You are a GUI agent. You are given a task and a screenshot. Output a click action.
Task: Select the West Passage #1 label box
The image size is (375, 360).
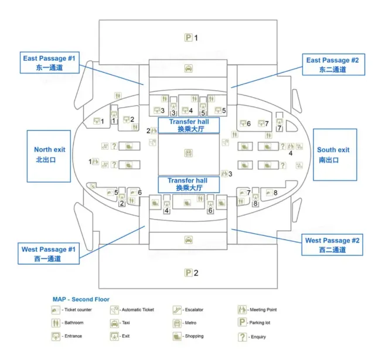coord(49,253)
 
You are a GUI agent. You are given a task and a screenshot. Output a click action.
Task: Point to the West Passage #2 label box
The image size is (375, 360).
coord(332,245)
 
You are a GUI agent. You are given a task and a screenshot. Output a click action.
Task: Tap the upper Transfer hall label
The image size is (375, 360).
coord(189,125)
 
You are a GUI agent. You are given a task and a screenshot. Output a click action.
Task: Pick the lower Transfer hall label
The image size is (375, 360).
coord(189,184)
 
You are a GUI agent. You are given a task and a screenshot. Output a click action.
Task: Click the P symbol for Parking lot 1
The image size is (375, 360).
coord(189,38)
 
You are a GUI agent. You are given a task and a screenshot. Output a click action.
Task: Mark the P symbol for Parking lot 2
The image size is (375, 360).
coord(189,273)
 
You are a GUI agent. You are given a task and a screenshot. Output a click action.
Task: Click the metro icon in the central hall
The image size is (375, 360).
coord(189,152)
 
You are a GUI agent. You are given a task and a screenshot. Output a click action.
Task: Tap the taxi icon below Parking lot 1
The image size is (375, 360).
coord(189,68)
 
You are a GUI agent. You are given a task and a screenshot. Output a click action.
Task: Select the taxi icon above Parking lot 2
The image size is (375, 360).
coord(189,239)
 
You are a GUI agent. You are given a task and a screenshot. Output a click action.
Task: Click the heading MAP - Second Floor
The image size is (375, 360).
coord(81,299)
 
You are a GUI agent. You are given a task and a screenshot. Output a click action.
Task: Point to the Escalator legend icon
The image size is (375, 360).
coord(176,310)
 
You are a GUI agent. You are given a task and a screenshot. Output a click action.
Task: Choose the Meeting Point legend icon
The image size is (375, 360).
coord(241,310)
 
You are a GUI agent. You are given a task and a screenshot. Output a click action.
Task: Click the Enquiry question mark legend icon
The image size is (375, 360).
coord(241,337)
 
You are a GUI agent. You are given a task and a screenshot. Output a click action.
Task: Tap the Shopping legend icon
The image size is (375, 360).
coord(176,337)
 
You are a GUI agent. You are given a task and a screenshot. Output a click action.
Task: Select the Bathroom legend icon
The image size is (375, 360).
coord(56,323)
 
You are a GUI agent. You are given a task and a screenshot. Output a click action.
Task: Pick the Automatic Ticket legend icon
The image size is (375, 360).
coord(115,310)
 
